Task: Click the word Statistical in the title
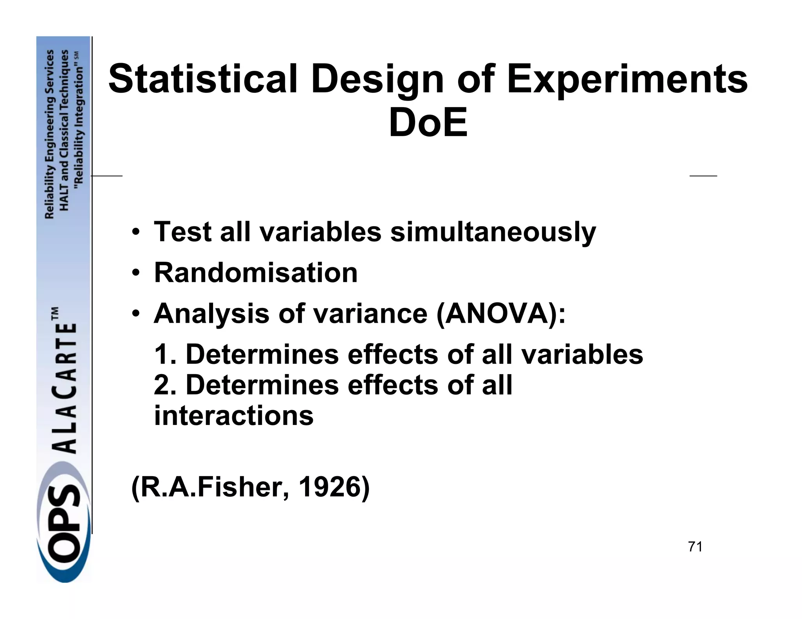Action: pyautogui.click(x=203, y=79)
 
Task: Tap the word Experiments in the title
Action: pyautogui.click(x=627, y=79)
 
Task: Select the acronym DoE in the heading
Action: pyautogui.click(x=428, y=123)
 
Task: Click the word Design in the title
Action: pyautogui.click(x=377, y=79)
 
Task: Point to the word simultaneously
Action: pyautogui.click(x=493, y=232)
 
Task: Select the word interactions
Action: pyautogui.click(x=234, y=416)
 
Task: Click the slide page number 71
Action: pyautogui.click(x=695, y=547)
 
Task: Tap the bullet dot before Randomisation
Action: pyautogui.click(x=135, y=273)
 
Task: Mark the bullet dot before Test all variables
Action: pyautogui.click(x=135, y=232)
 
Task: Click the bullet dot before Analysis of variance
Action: pyautogui.click(x=135, y=314)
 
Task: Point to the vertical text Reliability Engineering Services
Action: pyautogui.click(x=50, y=134)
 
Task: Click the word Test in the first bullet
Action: pyautogui.click(x=182, y=232)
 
